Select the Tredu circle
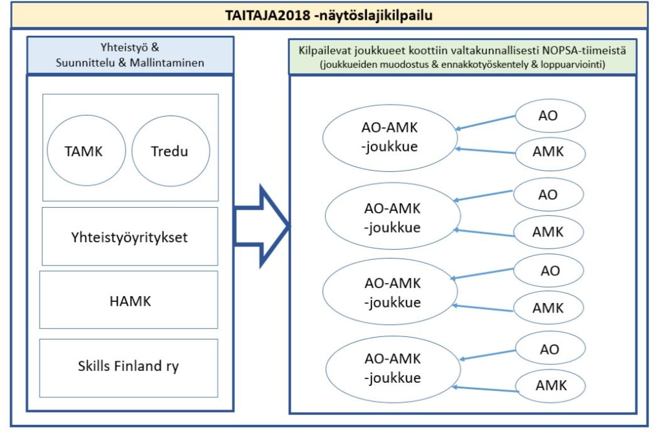point(170,151)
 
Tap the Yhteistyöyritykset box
point(129,237)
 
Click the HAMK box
point(129,301)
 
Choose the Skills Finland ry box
point(129,366)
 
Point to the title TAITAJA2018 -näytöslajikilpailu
point(329,14)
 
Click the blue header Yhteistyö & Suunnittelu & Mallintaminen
point(130,55)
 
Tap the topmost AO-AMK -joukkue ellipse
point(390,137)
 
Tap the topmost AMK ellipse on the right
point(548,152)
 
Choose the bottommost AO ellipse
point(549,350)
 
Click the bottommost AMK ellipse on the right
point(550,385)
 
